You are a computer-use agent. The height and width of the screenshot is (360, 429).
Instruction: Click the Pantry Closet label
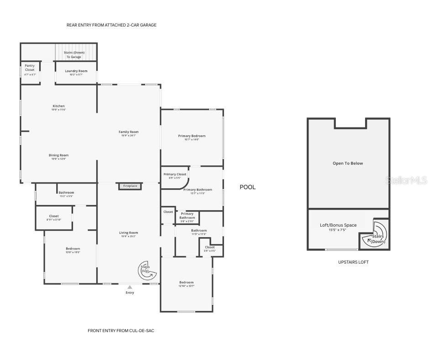tap(30, 68)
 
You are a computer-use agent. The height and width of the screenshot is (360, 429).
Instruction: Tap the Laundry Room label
tap(76, 71)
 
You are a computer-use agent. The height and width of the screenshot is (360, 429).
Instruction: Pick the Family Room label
tap(128, 132)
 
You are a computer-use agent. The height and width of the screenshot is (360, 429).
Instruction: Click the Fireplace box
tap(130, 186)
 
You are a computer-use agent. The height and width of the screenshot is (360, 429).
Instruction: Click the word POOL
tap(248, 187)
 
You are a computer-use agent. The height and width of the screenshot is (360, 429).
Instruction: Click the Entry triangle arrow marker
tap(130, 287)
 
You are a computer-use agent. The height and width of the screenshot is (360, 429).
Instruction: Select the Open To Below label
tap(348, 163)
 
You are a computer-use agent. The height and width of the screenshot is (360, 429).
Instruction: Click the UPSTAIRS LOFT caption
tap(353, 262)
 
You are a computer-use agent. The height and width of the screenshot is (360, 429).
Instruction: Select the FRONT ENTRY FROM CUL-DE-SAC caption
tap(121, 330)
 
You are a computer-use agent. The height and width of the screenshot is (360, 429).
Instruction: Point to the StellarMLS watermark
tap(407, 180)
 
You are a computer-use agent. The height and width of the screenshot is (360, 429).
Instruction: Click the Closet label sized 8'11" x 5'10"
tap(54, 217)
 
